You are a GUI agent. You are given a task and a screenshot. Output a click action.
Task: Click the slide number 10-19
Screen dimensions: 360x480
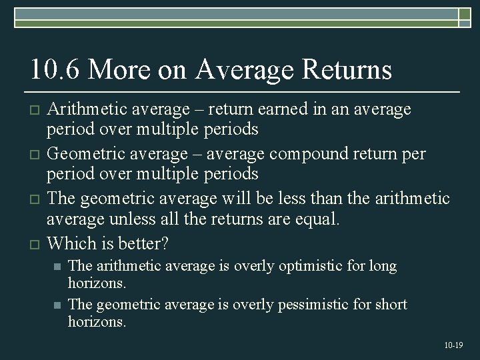(x=453, y=345)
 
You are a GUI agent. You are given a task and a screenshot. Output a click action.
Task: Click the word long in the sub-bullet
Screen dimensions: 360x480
(x=383, y=267)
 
